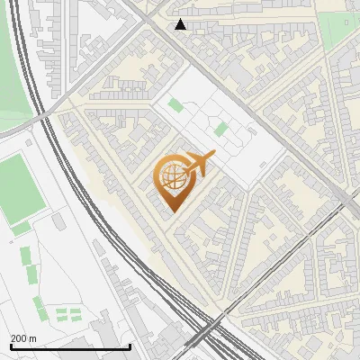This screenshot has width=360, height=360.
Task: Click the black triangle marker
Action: coord(181,24)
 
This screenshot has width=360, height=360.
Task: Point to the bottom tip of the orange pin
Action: coord(171,211)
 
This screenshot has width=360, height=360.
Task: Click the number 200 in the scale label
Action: coord(18,338)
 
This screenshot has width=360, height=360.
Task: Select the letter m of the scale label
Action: coord(32,338)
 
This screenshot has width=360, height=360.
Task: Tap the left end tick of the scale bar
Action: coord(11,346)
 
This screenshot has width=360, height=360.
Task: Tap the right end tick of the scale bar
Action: coord(130,346)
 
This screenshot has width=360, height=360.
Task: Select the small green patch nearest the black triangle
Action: coord(175,105)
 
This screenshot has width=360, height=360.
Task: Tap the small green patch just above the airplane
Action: coord(220,130)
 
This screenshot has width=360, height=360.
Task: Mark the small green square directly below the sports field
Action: coord(21,229)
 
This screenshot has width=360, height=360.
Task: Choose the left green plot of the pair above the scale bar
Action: coord(61,314)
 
